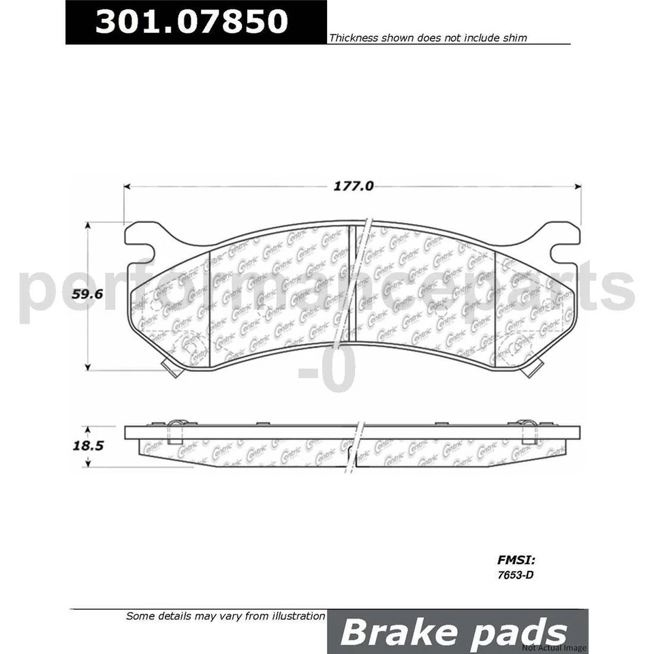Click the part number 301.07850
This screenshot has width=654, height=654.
click(x=191, y=22)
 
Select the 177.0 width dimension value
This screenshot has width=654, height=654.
click(x=354, y=185)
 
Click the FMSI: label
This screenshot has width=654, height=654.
click(x=515, y=561)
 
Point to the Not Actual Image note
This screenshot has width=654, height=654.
click(x=554, y=647)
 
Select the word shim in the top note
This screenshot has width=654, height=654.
click(x=515, y=39)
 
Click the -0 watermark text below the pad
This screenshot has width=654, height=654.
click(x=327, y=374)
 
